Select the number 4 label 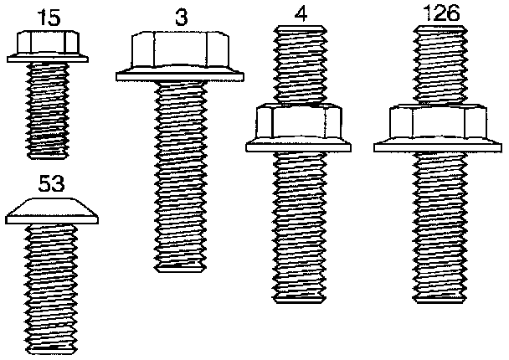point(300,14)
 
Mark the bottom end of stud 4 point(300,298)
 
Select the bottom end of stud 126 point(441,298)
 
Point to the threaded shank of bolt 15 point(48,109)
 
